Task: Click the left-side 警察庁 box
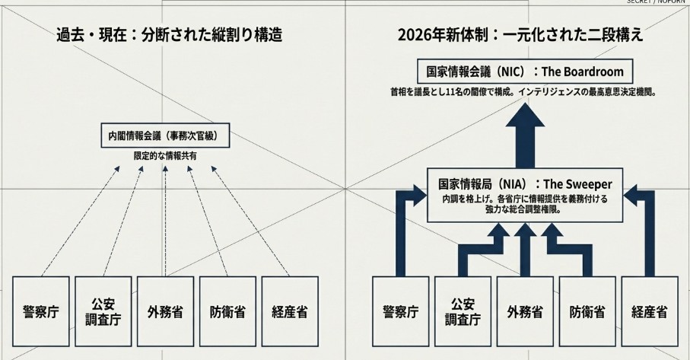click(x=40, y=311)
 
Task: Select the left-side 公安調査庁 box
click(x=103, y=311)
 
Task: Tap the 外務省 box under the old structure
click(x=164, y=311)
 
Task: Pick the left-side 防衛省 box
click(x=227, y=311)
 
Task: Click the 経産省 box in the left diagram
click(x=289, y=311)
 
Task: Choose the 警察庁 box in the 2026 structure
click(x=400, y=311)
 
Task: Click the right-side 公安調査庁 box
click(x=463, y=311)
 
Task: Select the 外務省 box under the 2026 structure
click(x=525, y=311)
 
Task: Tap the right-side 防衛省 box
click(x=587, y=311)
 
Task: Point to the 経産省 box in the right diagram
click(x=650, y=311)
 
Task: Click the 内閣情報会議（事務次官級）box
click(x=164, y=136)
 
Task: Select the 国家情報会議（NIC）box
click(x=525, y=72)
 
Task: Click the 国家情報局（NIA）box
click(x=525, y=195)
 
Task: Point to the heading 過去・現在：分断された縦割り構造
click(x=169, y=35)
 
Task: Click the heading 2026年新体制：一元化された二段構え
click(x=520, y=35)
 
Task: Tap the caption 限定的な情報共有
click(x=165, y=156)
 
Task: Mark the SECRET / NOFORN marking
click(x=658, y=2)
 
